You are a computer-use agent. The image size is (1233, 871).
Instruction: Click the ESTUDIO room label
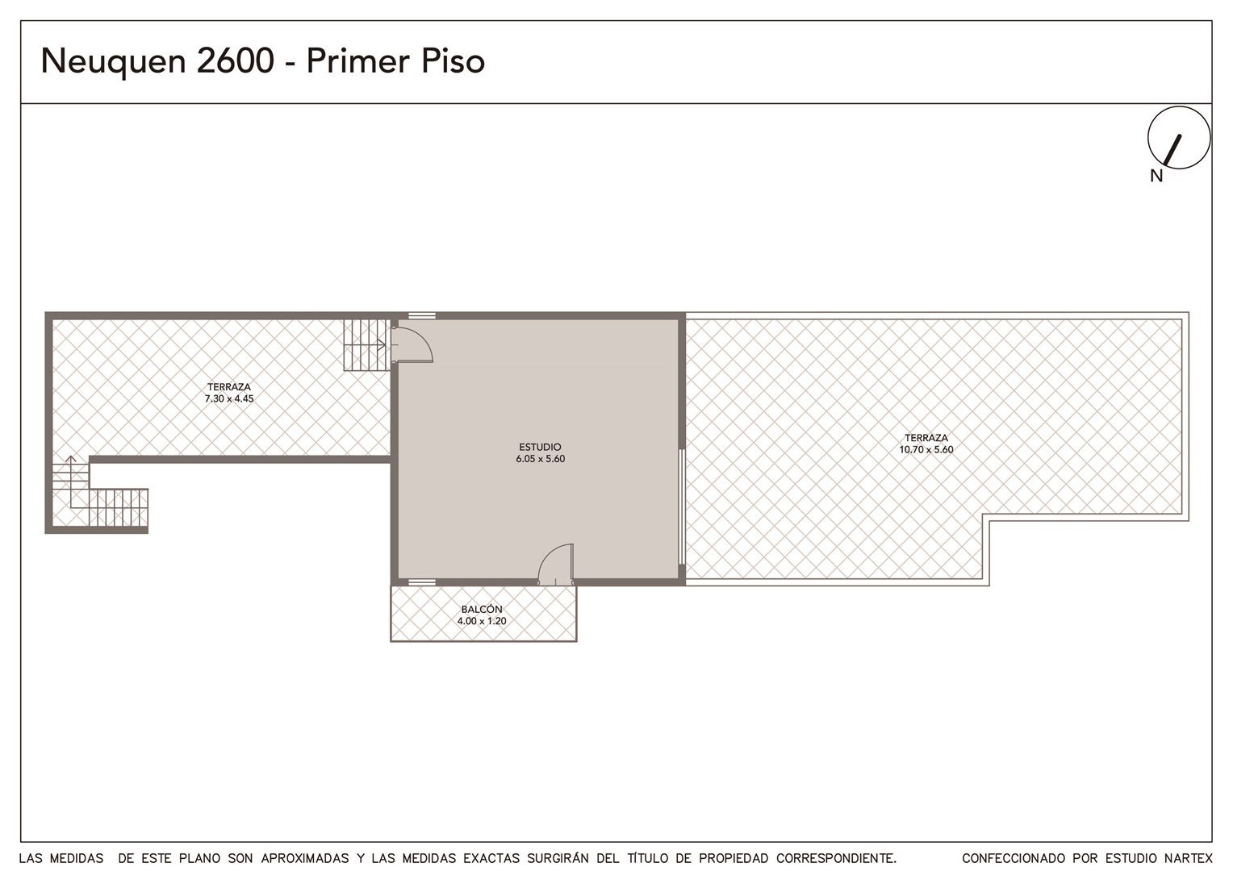(540, 447)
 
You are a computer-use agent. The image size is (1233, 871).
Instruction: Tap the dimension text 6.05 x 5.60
(541, 459)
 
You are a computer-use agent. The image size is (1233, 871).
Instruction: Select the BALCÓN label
(482, 609)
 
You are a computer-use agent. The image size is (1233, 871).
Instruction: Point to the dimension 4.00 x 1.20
(482, 621)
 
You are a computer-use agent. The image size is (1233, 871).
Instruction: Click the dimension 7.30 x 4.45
(229, 398)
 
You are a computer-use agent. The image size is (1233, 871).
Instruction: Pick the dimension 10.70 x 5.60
(926, 449)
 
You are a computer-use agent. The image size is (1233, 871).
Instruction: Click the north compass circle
(1179, 138)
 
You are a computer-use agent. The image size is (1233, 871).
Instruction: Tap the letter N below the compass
(1156, 176)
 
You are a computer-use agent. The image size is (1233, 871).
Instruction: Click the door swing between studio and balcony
(555, 564)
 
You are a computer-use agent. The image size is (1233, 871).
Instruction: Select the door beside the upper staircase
(413, 344)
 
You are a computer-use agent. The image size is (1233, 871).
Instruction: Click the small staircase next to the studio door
(365, 345)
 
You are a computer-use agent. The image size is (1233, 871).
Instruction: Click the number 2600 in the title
(235, 60)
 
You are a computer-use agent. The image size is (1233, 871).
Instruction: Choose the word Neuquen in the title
(114, 60)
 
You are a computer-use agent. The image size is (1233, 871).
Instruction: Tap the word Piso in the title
(453, 60)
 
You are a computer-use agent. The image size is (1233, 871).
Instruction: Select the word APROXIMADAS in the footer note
(305, 858)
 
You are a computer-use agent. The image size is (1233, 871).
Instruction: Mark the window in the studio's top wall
(422, 316)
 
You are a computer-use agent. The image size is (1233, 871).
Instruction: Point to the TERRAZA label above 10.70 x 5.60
(926, 437)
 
